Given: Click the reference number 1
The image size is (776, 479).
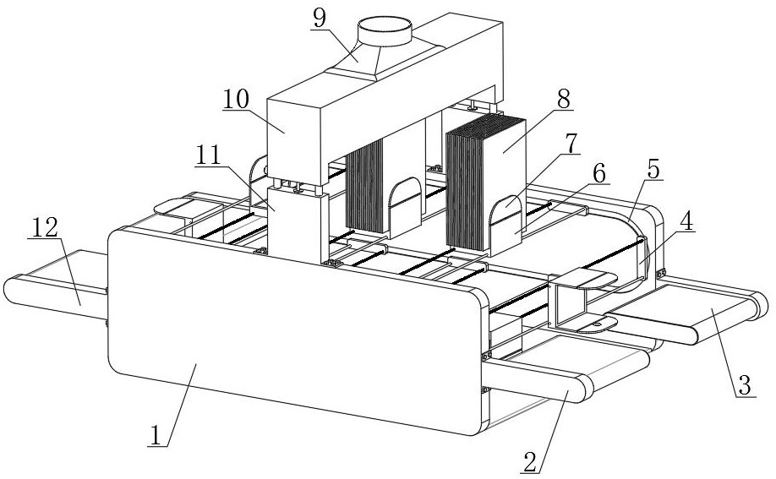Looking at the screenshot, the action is click(x=156, y=435).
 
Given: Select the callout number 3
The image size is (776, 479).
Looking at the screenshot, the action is click(x=745, y=384).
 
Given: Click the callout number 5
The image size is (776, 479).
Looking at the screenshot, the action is click(x=653, y=169).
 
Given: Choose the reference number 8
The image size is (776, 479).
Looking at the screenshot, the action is click(x=563, y=99).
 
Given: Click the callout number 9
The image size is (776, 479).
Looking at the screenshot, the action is click(x=320, y=19).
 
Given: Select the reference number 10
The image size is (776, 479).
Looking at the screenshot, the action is click(x=236, y=99).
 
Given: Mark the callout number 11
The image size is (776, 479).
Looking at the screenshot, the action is click(x=208, y=156).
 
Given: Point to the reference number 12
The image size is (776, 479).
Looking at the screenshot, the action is click(x=45, y=227).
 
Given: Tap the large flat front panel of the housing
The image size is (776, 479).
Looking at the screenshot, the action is click(x=295, y=330).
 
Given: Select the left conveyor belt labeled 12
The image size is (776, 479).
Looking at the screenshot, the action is click(x=56, y=285).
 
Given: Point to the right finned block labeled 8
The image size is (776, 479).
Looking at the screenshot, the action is click(x=485, y=183).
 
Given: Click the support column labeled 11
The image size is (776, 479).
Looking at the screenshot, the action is click(x=298, y=226).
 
